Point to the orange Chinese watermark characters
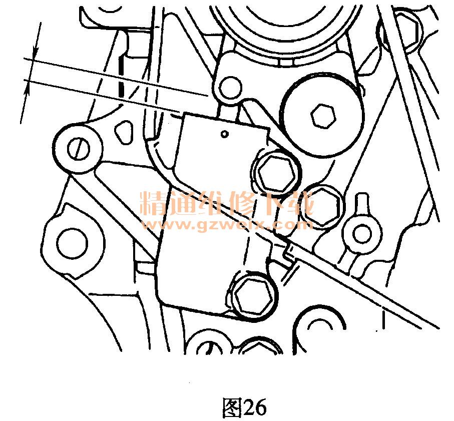point(227,203)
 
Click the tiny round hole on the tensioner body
point(224,134)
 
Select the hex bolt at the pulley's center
point(323,116)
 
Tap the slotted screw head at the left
point(79,149)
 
